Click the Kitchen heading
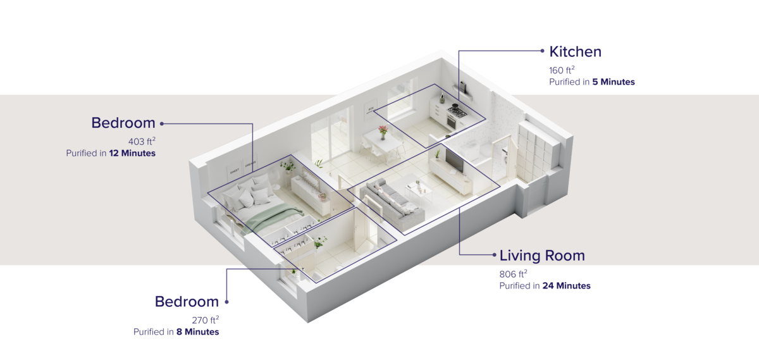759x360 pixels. point(575,52)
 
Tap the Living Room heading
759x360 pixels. point(542,256)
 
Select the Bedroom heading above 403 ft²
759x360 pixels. point(123,123)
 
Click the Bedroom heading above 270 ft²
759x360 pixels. point(187,302)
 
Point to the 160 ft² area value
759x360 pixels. point(562,70)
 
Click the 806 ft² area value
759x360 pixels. point(514,274)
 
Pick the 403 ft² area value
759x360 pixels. point(142,141)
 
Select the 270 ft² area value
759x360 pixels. point(206,320)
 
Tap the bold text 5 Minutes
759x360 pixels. point(614,82)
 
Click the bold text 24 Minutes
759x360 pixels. point(567,286)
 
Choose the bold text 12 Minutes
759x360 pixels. point(132,153)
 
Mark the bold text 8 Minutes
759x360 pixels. point(198,332)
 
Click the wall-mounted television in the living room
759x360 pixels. point(454,160)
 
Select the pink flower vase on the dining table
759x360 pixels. point(383,132)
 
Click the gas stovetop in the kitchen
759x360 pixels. point(457,110)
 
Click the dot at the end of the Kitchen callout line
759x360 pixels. point(543,51)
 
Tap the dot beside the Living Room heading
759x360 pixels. point(495,255)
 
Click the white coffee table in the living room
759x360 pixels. point(419,192)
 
